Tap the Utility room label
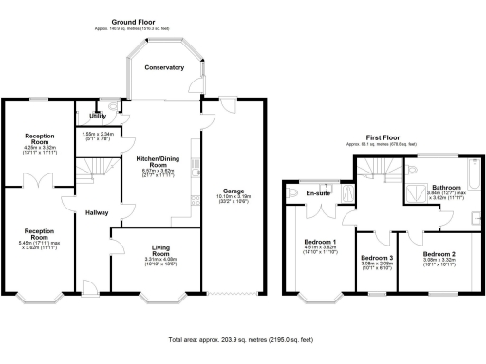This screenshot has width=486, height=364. [97, 116]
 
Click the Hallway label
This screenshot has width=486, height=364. [91, 213]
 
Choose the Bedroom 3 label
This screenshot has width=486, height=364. [376, 256]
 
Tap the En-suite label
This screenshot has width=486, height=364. [316, 192]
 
